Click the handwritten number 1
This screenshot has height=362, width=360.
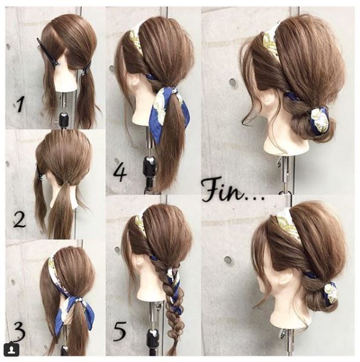coord(21,105)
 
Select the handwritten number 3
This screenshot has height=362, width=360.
coord(19,331)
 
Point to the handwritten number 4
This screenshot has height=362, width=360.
coord(120,172)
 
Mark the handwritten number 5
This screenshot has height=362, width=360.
coord(120,329)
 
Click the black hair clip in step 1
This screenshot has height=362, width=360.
coord(48,52)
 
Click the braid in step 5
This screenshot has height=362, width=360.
coord(172,290)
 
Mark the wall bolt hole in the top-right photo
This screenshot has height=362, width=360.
coord(233,82)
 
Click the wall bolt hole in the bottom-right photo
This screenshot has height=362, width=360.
coord(228,261)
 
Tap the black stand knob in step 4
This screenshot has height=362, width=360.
coord(149,164)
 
